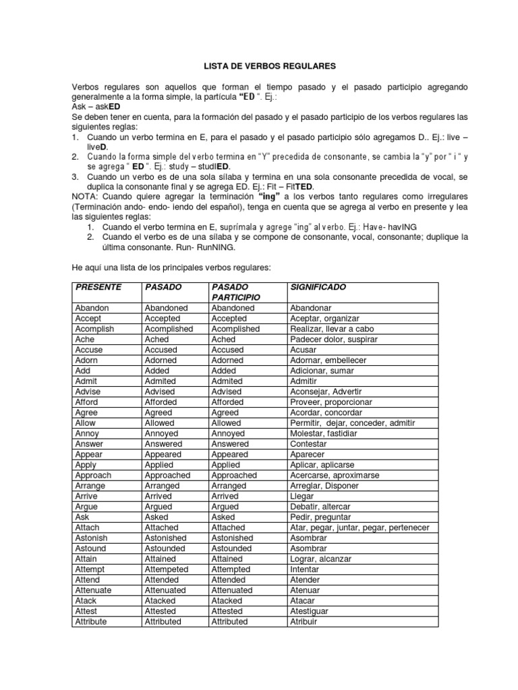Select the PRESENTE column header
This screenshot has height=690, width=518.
coord(98,287)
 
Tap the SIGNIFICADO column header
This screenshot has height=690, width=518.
coord(318,287)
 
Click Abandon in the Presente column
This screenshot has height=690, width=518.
coord(92,308)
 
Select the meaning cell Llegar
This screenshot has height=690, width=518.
coord(302,496)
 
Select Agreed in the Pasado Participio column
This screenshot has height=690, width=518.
coord(225,412)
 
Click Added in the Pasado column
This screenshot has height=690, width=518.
coord(158,371)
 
